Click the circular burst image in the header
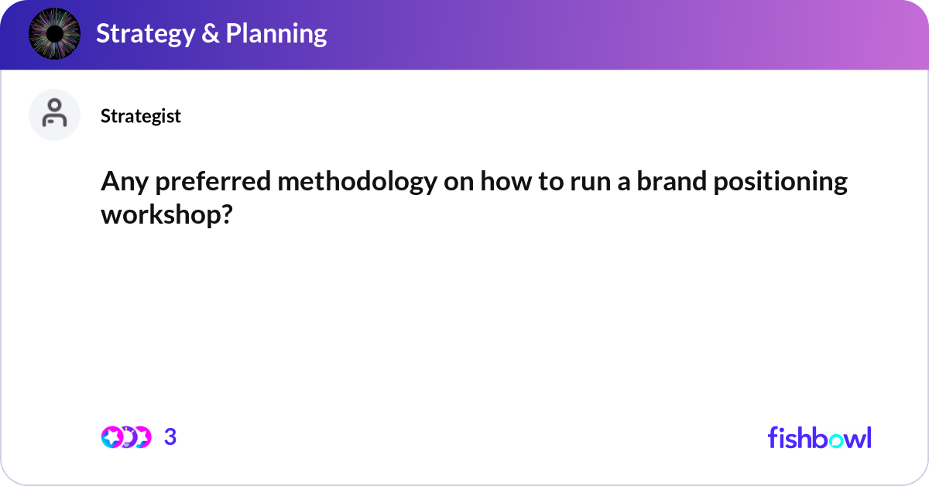coord(54,34)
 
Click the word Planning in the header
coord(276,34)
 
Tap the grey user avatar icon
coord(54,115)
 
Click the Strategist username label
coord(141,116)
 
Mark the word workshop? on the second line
coord(166,214)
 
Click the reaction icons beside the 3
coord(126,437)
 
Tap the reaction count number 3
coord(170,437)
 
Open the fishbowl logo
coord(819,437)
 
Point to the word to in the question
coord(547,183)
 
